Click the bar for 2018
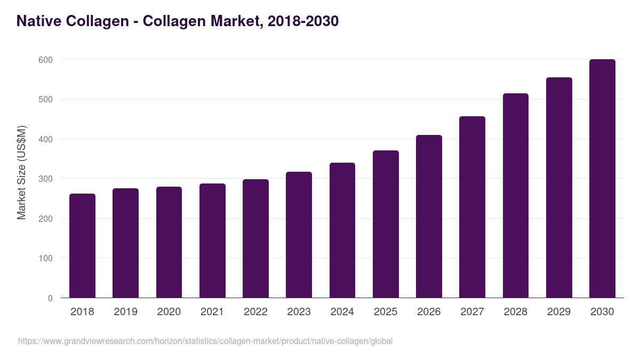[x=82, y=245]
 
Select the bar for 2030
[x=602, y=179]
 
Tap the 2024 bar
[x=342, y=230]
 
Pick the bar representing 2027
[x=472, y=207]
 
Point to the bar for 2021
[x=212, y=241]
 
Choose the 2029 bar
[x=559, y=188]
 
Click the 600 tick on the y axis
[x=46, y=60]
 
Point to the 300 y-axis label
[x=46, y=179]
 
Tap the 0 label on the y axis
[x=50, y=298]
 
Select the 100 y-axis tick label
[x=46, y=258]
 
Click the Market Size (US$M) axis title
[x=21, y=173]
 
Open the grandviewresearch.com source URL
[x=205, y=341]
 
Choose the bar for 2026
[x=429, y=217]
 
